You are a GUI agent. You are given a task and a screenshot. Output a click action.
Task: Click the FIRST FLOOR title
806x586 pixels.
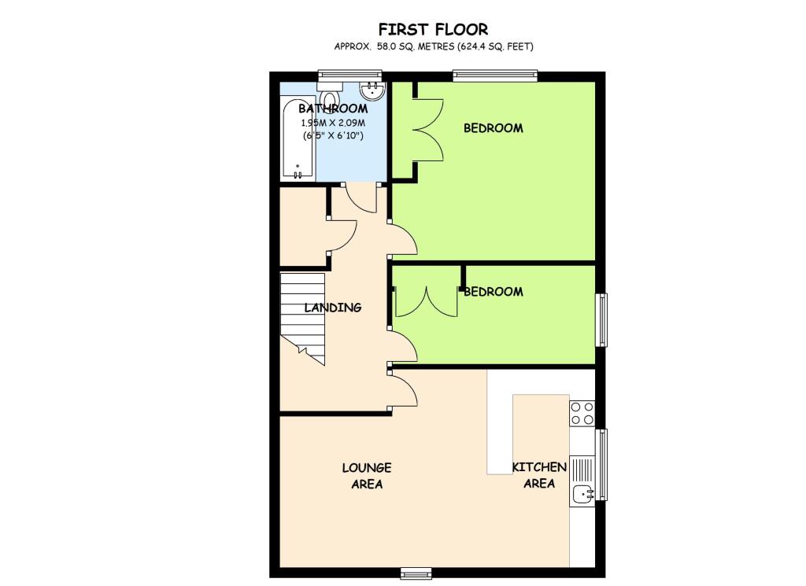tap(433, 30)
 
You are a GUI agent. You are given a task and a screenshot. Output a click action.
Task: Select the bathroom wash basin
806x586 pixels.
tap(371, 90)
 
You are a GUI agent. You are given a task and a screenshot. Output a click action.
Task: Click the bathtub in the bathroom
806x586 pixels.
tap(298, 140)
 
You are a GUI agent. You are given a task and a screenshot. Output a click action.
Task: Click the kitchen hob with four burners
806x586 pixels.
tap(582, 413)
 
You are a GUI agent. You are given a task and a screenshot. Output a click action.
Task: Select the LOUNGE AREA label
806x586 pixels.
tap(366, 476)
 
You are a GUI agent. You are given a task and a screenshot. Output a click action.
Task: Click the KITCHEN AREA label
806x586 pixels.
tap(539, 475)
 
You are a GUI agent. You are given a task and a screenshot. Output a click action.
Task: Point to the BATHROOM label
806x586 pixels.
tap(333, 109)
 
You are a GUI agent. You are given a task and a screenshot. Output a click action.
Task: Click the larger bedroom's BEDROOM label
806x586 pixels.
tap(493, 128)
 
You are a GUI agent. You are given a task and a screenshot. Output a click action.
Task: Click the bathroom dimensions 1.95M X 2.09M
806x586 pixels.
tap(333, 123)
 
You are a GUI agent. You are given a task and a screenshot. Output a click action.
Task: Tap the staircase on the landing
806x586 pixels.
tap(303, 318)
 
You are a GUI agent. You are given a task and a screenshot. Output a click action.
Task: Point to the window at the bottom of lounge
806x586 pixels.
tap(416, 572)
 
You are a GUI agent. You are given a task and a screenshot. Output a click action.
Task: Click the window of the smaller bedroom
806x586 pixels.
tap(601, 319)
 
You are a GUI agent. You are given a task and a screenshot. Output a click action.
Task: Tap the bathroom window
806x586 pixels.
tap(349, 76)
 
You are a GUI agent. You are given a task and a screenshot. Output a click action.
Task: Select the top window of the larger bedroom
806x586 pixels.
tap(495, 76)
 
